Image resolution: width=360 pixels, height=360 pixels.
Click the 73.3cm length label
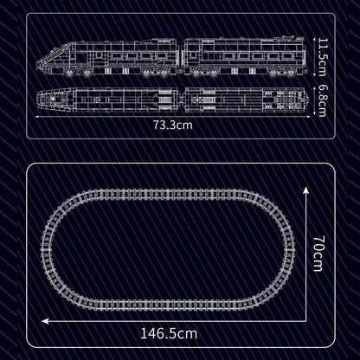(172, 125)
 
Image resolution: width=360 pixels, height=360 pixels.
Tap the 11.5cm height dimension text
(320, 57)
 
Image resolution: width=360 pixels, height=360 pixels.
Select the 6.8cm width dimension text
(320, 100)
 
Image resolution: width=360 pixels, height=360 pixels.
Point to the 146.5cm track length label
(169, 333)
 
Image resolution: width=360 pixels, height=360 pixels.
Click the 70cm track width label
(318, 254)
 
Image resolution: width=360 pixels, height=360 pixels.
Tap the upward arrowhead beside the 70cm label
(305, 190)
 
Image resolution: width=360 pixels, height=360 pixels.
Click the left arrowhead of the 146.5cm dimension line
(44, 321)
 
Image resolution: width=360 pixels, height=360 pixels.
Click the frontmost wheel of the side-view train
(69, 73)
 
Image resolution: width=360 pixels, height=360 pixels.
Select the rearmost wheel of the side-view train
(291, 74)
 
